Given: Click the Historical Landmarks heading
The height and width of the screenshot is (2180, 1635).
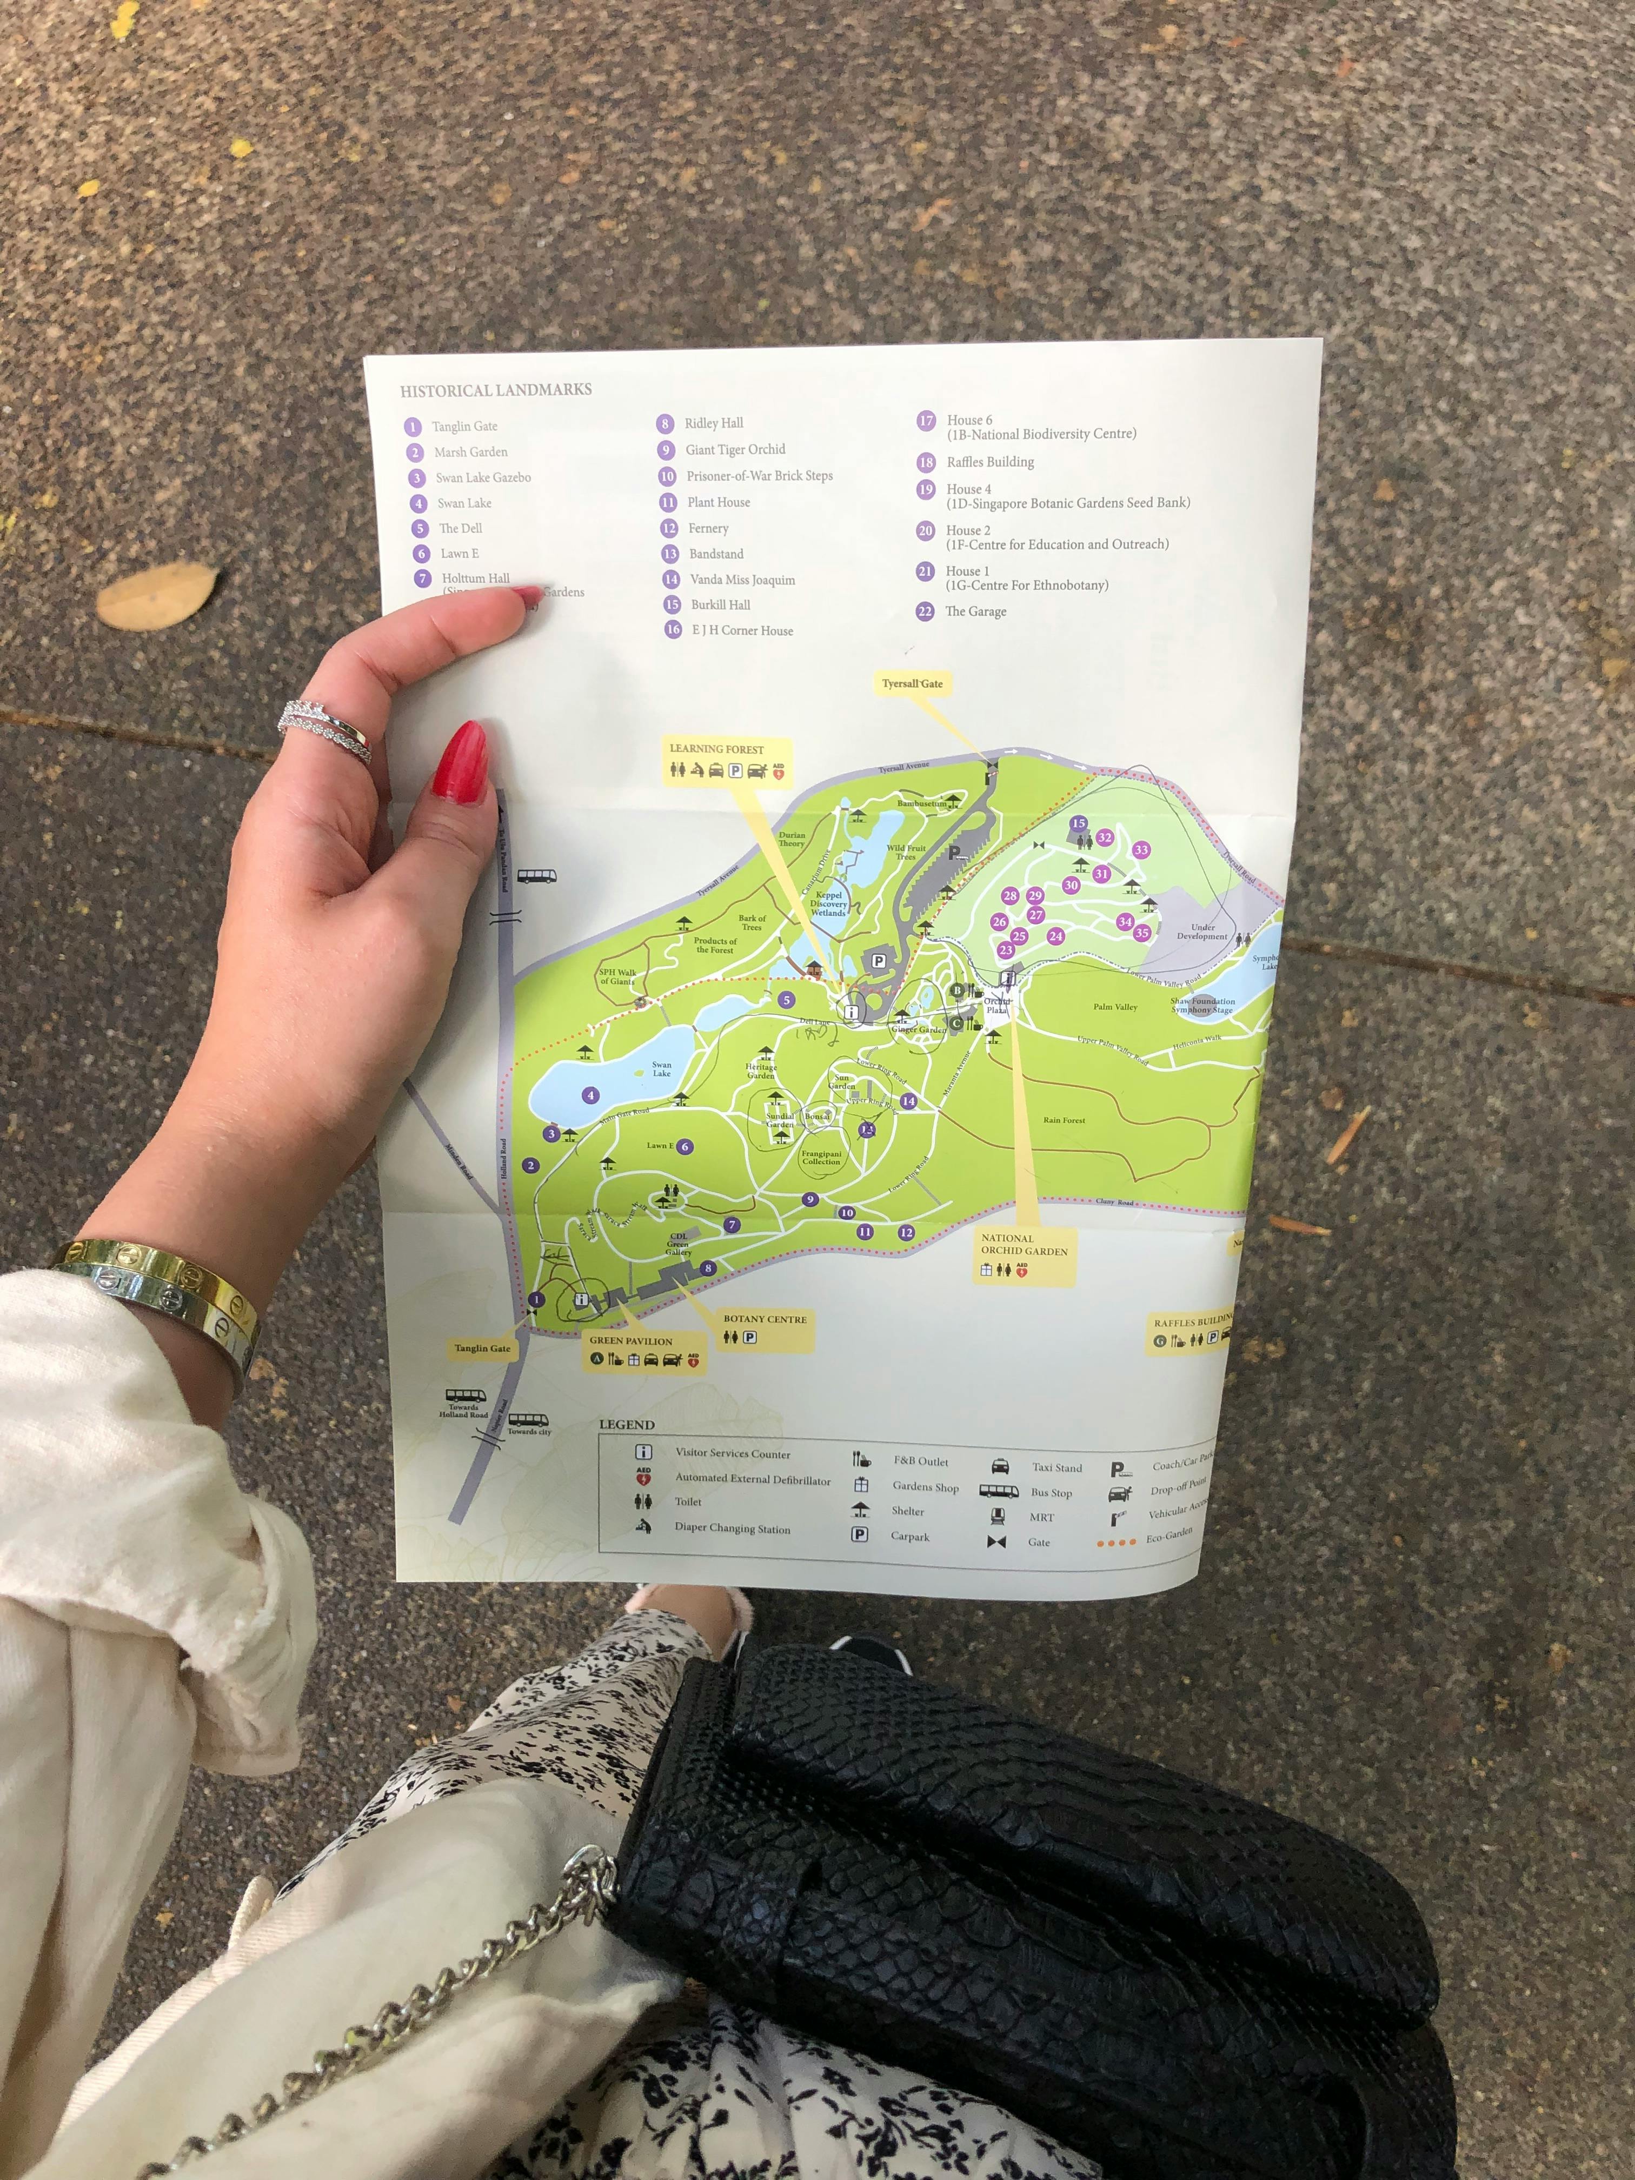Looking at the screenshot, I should [496, 390].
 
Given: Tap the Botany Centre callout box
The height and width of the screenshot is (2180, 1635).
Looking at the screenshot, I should [765, 1328].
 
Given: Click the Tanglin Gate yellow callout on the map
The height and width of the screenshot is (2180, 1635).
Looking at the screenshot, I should [483, 1348].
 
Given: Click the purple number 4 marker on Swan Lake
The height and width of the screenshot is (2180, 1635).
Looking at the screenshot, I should [590, 1095].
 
